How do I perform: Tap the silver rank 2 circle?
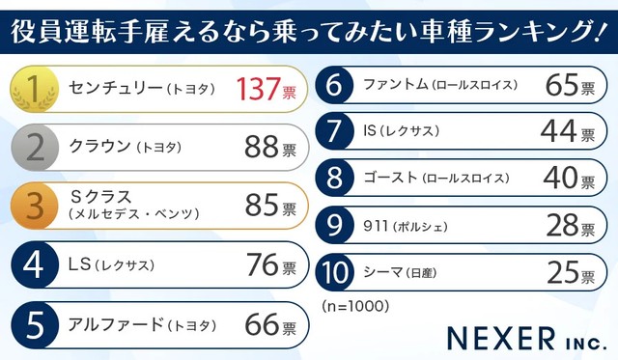point(34,148)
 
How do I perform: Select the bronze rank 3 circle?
point(34,206)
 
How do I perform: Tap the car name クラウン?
point(99,148)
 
